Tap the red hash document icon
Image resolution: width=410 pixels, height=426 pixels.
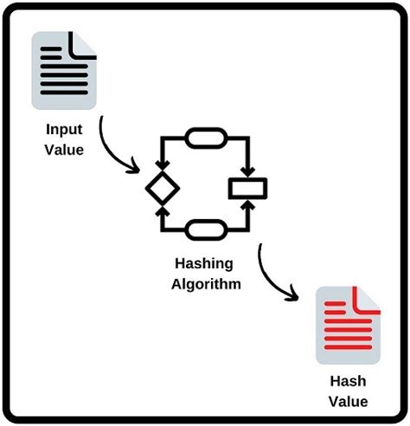tap(349, 325)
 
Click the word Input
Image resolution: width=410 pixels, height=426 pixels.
tap(66, 131)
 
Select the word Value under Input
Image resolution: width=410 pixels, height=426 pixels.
tap(66, 149)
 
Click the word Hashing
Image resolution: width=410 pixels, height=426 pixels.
tap(205, 265)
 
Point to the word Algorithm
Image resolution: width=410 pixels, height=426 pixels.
tap(205, 283)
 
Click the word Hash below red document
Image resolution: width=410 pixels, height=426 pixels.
tap(349, 382)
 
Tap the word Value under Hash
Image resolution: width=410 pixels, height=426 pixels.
tap(349, 401)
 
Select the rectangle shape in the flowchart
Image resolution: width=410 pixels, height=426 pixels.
tap(247, 188)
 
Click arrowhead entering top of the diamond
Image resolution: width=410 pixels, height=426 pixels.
tap(161, 165)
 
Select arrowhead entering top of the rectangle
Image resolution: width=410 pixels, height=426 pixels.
tap(247, 171)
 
